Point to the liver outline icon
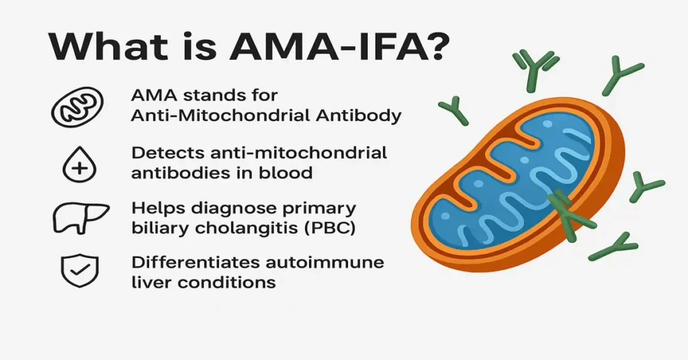(x=80, y=216)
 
